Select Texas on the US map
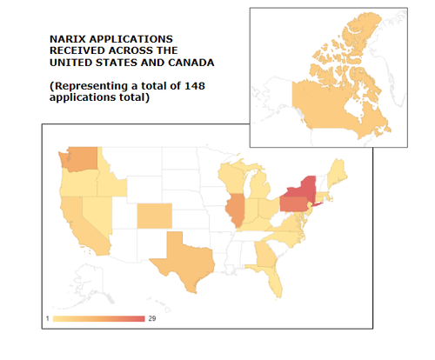(x=184, y=258)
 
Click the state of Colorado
(x=154, y=217)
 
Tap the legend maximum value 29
(x=152, y=320)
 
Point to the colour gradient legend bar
(x=98, y=320)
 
